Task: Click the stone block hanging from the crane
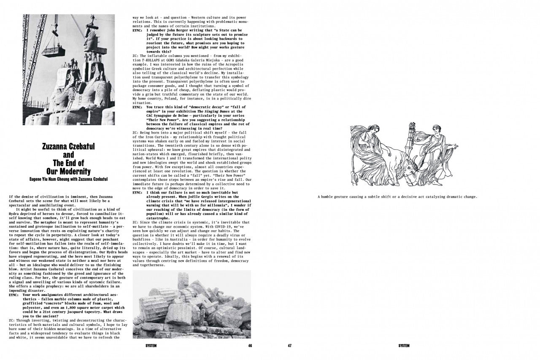click(54, 51)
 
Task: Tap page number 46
click(250, 346)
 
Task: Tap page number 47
click(290, 346)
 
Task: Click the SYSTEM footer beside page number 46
click(151, 346)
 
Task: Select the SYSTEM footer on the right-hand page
click(404, 346)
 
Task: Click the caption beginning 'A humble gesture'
click(397, 196)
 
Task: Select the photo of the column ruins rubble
click(192, 304)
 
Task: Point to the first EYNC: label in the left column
click(14, 295)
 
